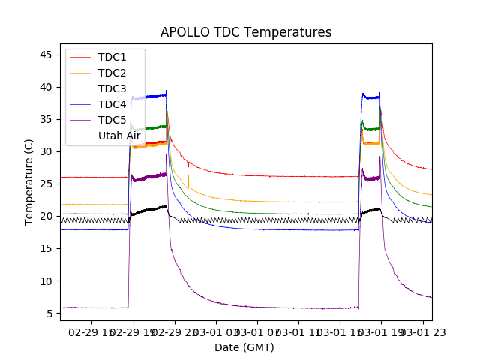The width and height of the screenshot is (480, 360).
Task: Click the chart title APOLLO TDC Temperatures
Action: coord(245,32)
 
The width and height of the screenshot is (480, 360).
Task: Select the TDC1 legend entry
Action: coord(112,57)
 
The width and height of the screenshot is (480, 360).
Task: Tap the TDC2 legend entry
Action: coord(112,73)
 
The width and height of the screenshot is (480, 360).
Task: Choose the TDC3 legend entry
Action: coord(112,88)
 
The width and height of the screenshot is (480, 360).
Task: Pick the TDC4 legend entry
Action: coord(112,104)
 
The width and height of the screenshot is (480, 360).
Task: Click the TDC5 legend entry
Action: coord(112,120)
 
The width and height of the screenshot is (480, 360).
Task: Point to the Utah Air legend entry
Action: coord(119,136)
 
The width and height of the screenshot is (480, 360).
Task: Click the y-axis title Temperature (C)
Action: coord(29,181)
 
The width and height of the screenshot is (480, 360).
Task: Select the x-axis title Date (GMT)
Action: coord(244,347)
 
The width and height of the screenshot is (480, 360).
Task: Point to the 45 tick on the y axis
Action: coord(46,55)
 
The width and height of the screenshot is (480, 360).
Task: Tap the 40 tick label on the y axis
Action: coord(46,87)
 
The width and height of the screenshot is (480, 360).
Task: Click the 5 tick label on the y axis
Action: coord(49,313)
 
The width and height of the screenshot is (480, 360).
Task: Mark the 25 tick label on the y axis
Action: coord(46,184)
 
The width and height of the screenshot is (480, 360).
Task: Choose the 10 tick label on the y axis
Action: coord(46,280)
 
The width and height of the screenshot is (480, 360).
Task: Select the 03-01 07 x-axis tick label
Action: coord(257,331)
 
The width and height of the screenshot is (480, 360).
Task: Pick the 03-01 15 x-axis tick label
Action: coord(340,331)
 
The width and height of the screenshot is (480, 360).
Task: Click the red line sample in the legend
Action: coord(81,57)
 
